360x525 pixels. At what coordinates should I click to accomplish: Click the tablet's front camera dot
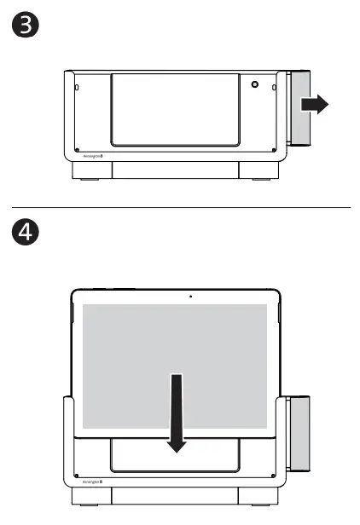coord(190,297)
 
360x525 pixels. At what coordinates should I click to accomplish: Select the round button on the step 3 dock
coord(254,85)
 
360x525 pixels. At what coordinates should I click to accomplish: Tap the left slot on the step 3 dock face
coord(75,87)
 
